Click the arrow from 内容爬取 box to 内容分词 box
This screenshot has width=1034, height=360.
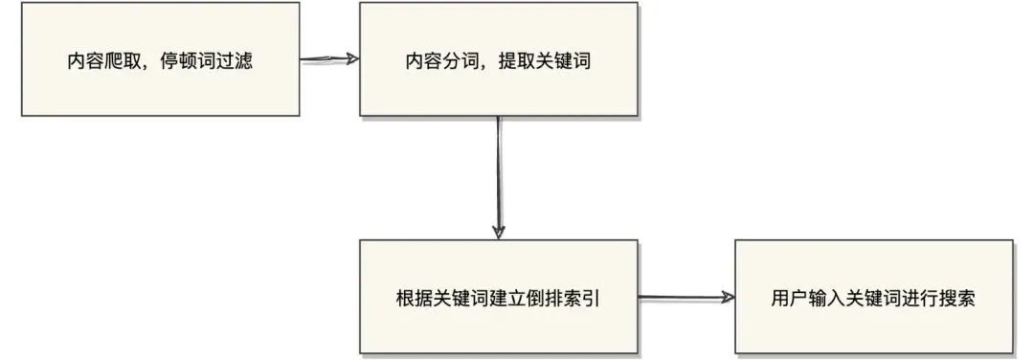(327, 59)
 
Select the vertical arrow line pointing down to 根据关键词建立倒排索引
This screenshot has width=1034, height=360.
(498, 172)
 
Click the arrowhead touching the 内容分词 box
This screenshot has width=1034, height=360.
(352, 59)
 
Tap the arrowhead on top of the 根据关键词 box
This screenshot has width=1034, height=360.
(498, 232)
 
